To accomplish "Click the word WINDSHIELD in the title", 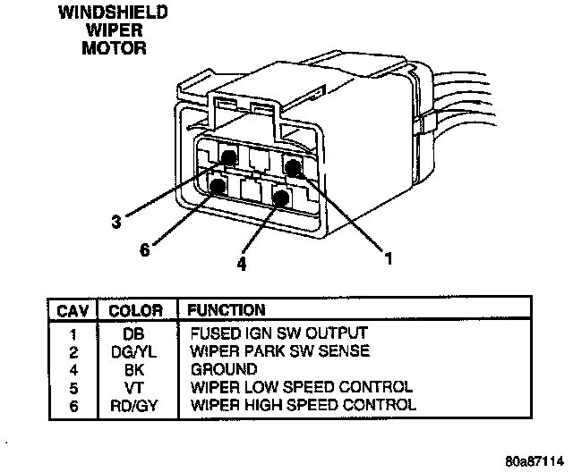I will click(x=114, y=13).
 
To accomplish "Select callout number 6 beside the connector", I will click(x=145, y=249).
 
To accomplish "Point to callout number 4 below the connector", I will click(x=241, y=264).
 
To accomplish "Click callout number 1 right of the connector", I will click(x=388, y=259).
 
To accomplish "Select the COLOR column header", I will click(x=135, y=311).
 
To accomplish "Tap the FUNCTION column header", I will click(x=225, y=311).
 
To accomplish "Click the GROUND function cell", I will click(x=224, y=369).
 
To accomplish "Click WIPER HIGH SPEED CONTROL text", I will click(x=303, y=405).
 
